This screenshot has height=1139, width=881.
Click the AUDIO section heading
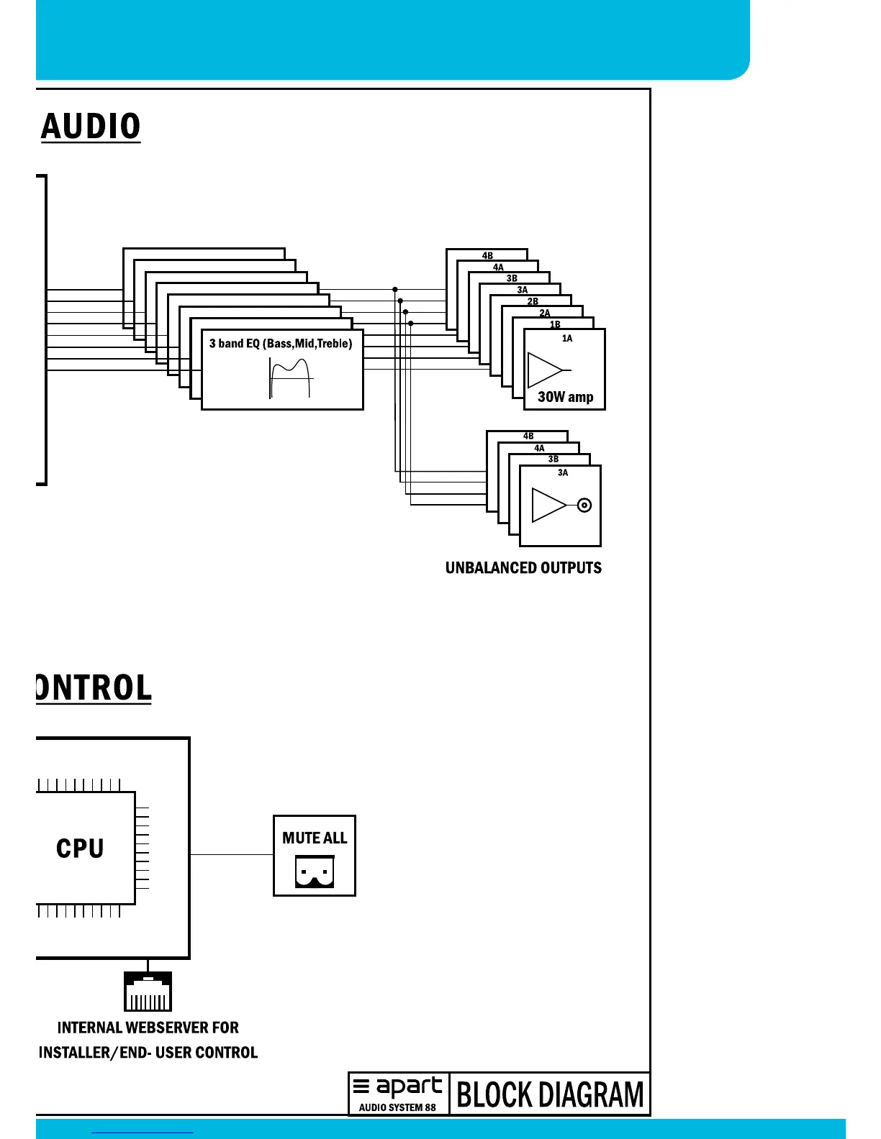[91, 127]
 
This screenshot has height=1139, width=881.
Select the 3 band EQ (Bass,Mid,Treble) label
[281, 344]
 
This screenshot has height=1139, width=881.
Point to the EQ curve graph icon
[290, 378]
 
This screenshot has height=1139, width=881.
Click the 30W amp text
[565, 397]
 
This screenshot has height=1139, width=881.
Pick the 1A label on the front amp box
[567, 338]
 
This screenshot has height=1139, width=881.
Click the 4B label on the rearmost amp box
[487, 255]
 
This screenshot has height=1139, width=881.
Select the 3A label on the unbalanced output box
[563, 472]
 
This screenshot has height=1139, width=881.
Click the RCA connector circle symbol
[584, 505]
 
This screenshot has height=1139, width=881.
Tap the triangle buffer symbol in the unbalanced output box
[548, 505]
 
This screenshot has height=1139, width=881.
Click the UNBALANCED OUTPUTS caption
[523, 568]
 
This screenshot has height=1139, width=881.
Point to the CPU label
[80, 848]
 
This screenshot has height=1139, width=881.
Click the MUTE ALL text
[315, 838]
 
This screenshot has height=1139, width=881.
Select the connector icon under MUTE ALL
[315, 872]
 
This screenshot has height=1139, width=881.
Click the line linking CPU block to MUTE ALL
[232, 854]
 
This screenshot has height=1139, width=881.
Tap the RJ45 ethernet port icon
[148, 992]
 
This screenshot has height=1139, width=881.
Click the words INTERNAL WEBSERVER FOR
[148, 1028]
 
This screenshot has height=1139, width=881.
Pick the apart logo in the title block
[399, 1087]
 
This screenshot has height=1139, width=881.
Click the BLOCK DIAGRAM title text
[550, 1094]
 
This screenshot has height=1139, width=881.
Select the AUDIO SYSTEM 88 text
[397, 1107]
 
